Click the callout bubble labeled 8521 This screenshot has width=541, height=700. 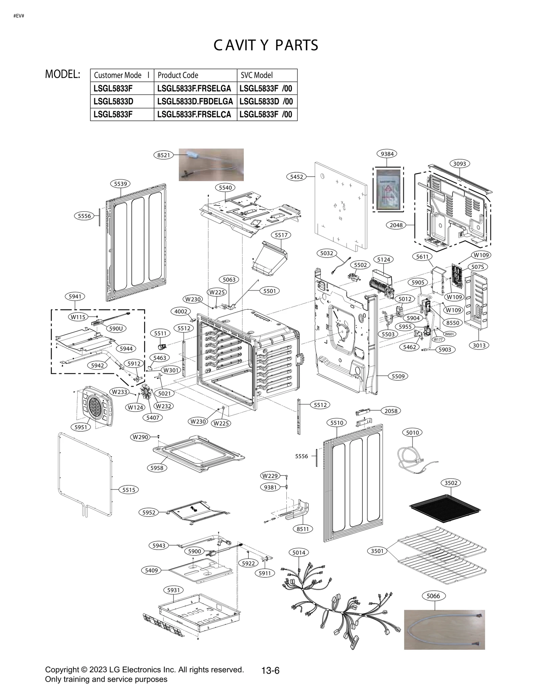164,155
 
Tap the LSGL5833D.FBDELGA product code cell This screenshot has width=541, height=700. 195,101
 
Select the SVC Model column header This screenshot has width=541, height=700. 257,75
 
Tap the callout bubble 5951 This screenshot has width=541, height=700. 81,427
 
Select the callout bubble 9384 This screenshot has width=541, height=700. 387,154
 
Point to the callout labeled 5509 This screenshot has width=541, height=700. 398,376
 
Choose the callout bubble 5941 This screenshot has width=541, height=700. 75,296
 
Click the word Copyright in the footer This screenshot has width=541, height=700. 62,670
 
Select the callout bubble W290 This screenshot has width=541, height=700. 141,437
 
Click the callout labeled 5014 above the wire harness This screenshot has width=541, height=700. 299,553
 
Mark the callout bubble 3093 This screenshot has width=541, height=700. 460,164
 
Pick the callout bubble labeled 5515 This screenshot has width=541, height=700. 129,490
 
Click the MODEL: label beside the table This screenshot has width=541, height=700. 63,74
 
